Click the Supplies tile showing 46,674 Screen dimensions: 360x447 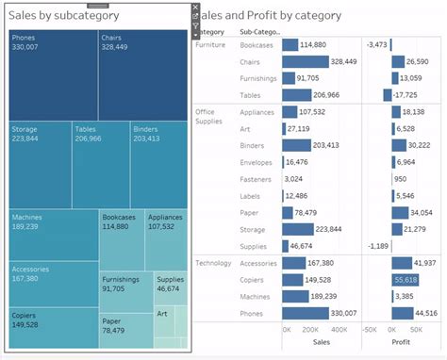pos(171,287)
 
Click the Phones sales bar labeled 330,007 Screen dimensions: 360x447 pos(305,313)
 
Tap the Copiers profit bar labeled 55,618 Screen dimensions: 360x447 pos(406,280)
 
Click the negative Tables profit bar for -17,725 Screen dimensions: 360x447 pos(387,95)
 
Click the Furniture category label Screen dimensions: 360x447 pos(210,44)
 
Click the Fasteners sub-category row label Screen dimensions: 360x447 pos(256,179)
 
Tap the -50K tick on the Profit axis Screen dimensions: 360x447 pos(371,331)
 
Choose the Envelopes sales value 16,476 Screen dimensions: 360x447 pos(297,162)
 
